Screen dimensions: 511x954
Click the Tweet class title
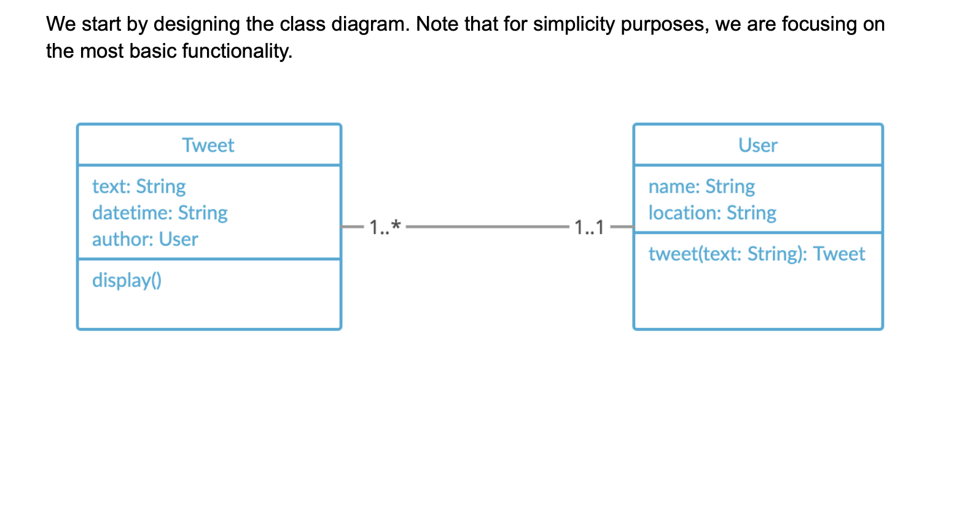208,146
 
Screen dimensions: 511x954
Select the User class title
757,146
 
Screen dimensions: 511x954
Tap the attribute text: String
139,187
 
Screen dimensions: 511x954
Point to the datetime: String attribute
160,213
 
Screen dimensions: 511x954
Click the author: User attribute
145,240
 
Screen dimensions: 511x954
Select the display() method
127,281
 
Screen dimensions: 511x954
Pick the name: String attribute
702,187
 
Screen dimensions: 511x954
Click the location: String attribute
712,213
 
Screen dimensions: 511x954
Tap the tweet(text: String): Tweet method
756,254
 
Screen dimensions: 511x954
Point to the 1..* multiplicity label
385,227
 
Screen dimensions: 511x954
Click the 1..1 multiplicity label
589,228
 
